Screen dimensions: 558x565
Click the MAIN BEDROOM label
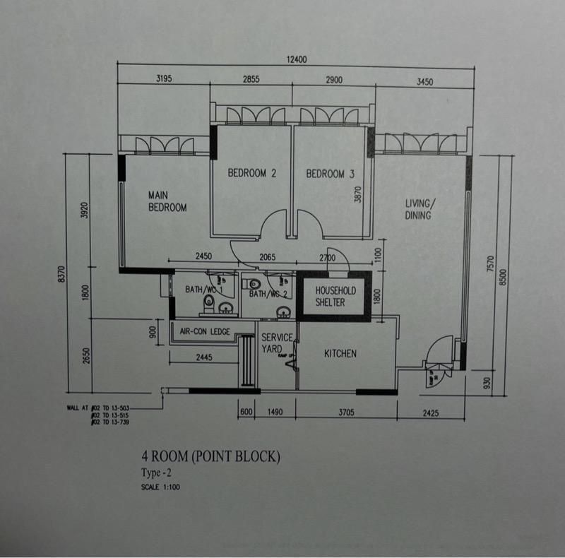(x=167, y=201)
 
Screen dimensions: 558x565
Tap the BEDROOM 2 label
(x=251, y=174)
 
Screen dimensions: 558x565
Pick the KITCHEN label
(x=340, y=354)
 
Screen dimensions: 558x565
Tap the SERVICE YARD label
(x=276, y=343)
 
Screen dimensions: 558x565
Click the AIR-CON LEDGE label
(x=206, y=331)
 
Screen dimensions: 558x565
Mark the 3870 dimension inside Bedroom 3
(x=358, y=195)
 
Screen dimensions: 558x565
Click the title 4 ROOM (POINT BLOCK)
(x=210, y=457)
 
